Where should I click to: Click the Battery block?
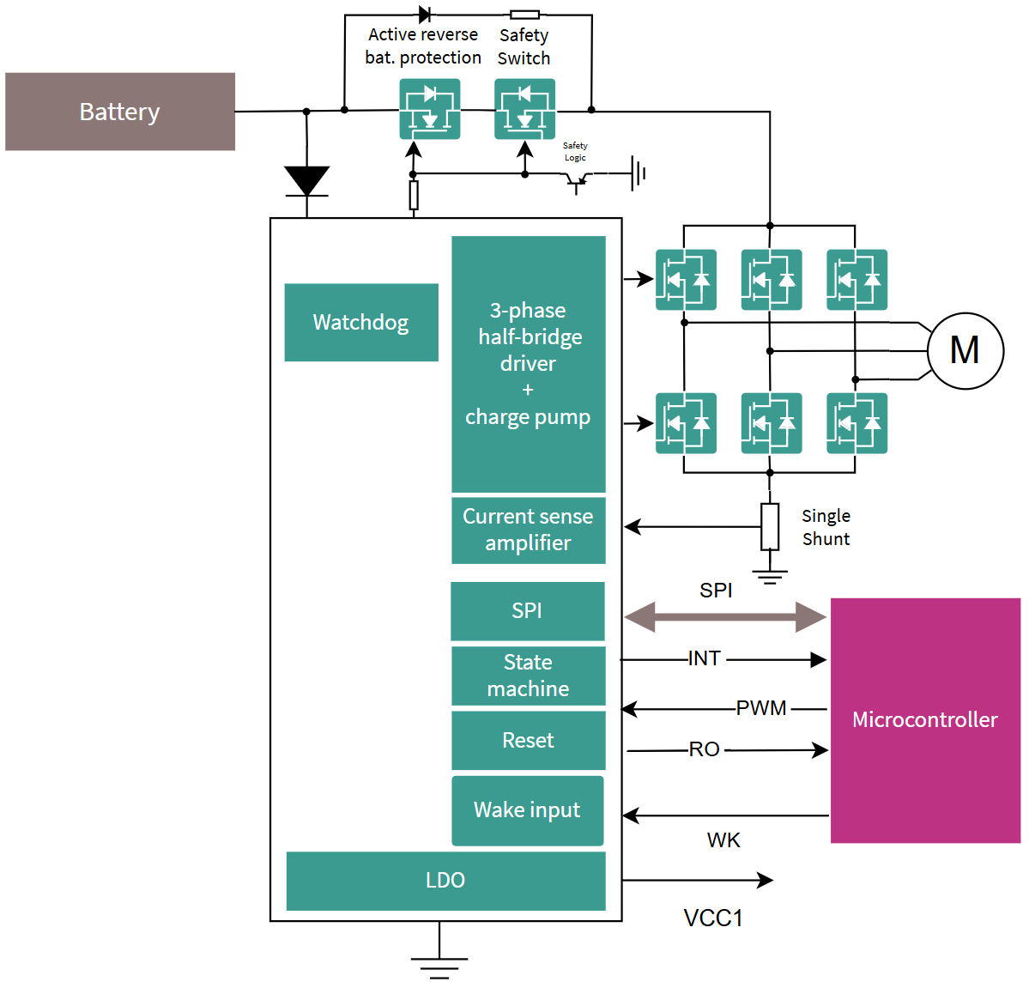pyautogui.click(x=120, y=112)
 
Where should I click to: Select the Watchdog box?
pyautogui.click(x=361, y=322)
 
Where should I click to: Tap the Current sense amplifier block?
pyautogui.click(x=528, y=530)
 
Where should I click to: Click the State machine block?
pyautogui.click(x=528, y=676)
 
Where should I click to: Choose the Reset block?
pyautogui.click(x=528, y=740)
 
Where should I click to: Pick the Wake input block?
pyautogui.click(x=527, y=810)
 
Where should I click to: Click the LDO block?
pyautogui.click(x=445, y=881)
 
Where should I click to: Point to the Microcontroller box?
pyautogui.click(x=925, y=720)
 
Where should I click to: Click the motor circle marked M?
pyautogui.click(x=965, y=350)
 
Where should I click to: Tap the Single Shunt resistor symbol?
pyautogui.click(x=770, y=526)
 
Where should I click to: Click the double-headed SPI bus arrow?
pyautogui.click(x=725, y=616)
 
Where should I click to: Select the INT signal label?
pyautogui.click(x=704, y=658)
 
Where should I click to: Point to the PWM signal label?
pyautogui.click(x=761, y=708)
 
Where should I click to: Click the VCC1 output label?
pyautogui.click(x=713, y=918)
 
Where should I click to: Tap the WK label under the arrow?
pyautogui.click(x=723, y=840)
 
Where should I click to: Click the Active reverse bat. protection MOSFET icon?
pyautogui.click(x=430, y=109)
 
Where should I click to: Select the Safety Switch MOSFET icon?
pyautogui.click(x=524, y=109)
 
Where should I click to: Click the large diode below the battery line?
pyautogui.click(x=306, y=181)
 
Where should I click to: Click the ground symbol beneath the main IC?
pyautogui.click(x=439, y=967)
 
